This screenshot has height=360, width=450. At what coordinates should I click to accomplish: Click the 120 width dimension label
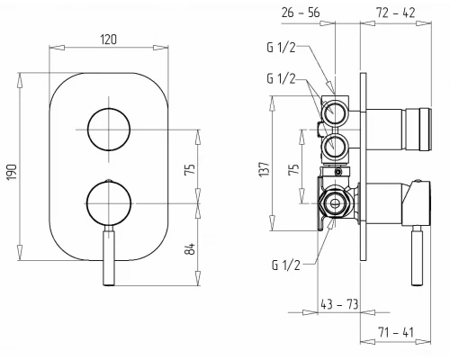click(x=109, y=40)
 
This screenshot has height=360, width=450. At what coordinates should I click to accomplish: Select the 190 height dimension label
click(x=13, y=172)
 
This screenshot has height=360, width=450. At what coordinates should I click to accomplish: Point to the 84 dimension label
click(x=190, y=248)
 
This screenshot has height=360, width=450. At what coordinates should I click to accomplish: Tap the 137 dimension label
click(x=265, y=169)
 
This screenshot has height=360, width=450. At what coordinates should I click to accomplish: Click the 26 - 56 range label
click(x=301, y=13)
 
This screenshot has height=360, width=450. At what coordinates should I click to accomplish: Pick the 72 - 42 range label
click(x=396, y=13)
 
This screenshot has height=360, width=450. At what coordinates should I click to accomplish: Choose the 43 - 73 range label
click(x=339, y=304)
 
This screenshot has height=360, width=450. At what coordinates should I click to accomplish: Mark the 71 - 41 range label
click(x=396, y=332)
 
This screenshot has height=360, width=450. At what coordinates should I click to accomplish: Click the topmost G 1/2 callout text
click(x=281, y=48)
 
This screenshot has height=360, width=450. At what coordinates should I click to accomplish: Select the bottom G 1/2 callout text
click(x=286, y=265)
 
